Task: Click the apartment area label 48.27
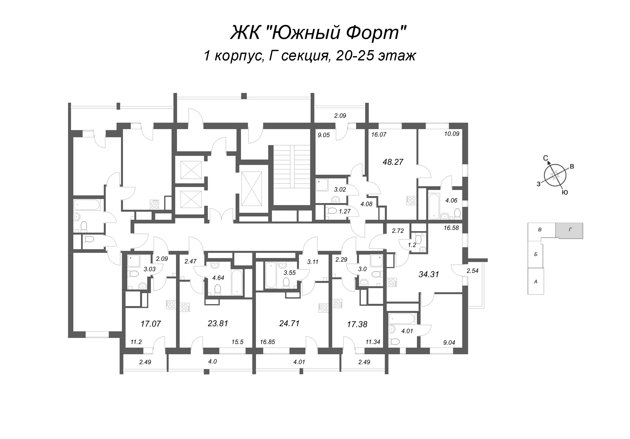pos(393,162)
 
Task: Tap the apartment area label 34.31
pos(429,274)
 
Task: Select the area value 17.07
pos(151,324)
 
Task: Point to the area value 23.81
pos(218,324)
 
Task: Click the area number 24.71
pos(289,324)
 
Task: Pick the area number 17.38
pos(357,324)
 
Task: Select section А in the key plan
pos(535,281)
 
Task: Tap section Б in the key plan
pos(535,254)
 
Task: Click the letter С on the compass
pos(546,158)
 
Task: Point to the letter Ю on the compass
pos(565,193)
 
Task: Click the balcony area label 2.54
pos(472,271)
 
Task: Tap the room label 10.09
pos(452,134)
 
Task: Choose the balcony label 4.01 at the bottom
pos(299,362)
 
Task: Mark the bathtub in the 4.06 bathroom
pos(434,206)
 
